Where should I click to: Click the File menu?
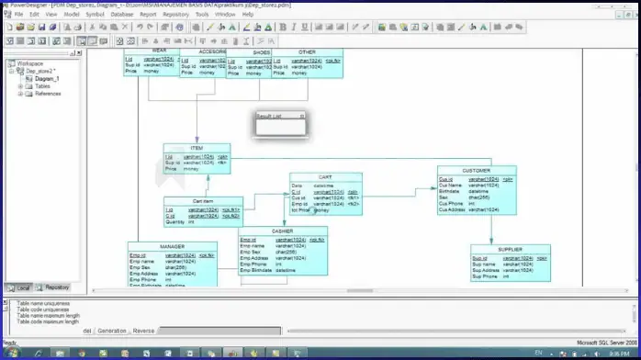pos(18,15)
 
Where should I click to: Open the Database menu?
pos(122,15)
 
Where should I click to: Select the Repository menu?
pos(175,15)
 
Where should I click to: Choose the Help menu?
pos(248,15)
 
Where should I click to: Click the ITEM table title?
pos(197,148)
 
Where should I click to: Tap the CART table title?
pos(325,176)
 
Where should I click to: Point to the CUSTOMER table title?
pos(476,170)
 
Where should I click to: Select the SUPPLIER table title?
pos(510,249)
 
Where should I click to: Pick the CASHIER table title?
pos(283,231)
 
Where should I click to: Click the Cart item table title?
pos(203,201)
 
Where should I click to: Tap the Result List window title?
pos(269,117)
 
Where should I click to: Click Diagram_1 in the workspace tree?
pos(47,79)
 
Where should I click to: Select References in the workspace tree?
pos(48,94)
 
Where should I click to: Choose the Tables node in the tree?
pos(43,86)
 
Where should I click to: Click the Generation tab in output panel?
pos(112,331)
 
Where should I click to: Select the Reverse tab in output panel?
pos(143,331)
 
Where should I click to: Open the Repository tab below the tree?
pos(57,287)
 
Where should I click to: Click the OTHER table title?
pos(308,52)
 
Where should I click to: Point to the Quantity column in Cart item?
pos(176,221)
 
